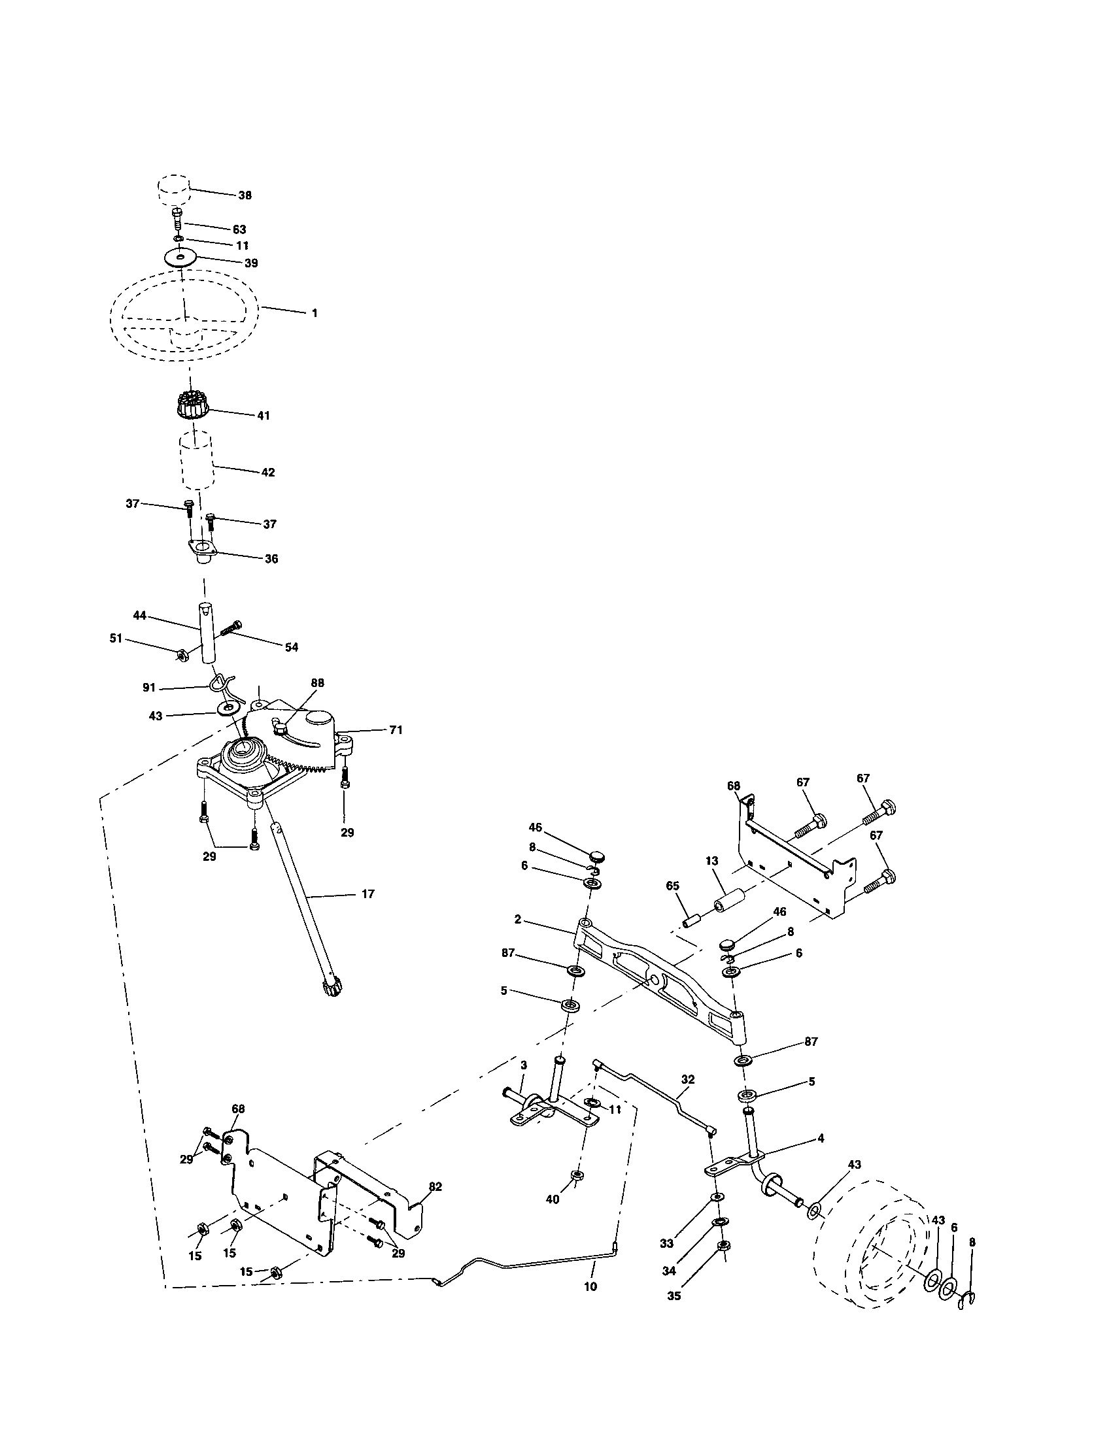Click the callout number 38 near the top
(x=245, y=195)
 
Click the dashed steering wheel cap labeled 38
(x=174, y=190)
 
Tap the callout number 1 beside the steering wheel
(x=314, y=313)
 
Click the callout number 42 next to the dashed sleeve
(x=267, y=472)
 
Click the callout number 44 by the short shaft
(x=139, y=615)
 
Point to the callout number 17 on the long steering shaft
(x=367, y=894)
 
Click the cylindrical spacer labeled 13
(x=731, y=898)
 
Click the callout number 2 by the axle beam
(x=518, y=919)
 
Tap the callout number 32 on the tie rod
(x=687, y=1079)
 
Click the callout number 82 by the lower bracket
(x=435, y=1186)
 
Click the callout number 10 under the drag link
(x=590, y=1286)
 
